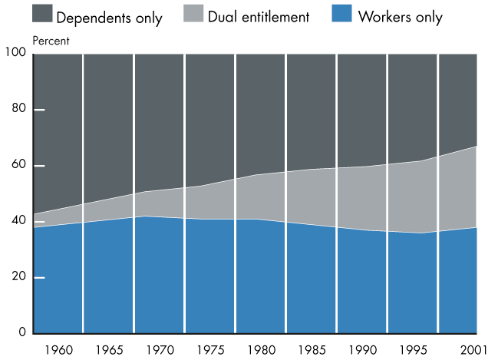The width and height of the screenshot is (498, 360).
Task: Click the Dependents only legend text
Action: (109, 16)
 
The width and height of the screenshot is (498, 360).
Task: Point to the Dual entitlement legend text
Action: (258, 15)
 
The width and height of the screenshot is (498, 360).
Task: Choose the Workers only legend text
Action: (400, 15)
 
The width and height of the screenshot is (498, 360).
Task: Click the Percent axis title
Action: (51, 40)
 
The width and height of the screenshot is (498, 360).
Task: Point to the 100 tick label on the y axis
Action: (16, 53)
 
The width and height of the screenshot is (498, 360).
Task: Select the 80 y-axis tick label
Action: (19, 109)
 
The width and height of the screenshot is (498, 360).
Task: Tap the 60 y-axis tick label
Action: (19, 165)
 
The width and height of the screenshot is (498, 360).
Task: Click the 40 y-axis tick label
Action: (19, 221)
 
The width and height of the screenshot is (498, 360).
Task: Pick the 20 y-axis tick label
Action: (19, 277)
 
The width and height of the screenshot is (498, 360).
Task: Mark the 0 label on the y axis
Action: (23, 333)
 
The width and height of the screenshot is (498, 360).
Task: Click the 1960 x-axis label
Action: (58, 351)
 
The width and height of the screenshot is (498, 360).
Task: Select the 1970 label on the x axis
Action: (160, 351)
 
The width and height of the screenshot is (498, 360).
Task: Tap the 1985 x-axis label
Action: (311, 351)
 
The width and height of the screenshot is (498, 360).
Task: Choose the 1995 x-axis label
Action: (412, 351)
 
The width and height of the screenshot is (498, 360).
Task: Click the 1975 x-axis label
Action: (209, 351)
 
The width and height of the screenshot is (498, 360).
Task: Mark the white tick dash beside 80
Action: (39, 110)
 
